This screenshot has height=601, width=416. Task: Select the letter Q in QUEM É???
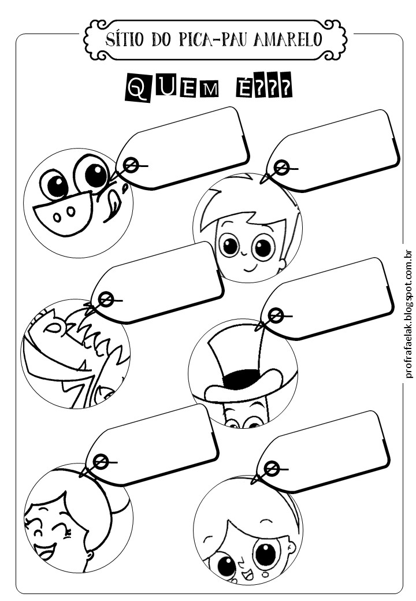click(x=138, y=90)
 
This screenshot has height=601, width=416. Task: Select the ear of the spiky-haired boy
click(x=282, y=264)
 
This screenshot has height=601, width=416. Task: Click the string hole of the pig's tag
click(x=131, y=166)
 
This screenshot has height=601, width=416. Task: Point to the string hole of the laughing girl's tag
click(x=101, y=462)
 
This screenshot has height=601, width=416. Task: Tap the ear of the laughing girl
click(x=89, y=557)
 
